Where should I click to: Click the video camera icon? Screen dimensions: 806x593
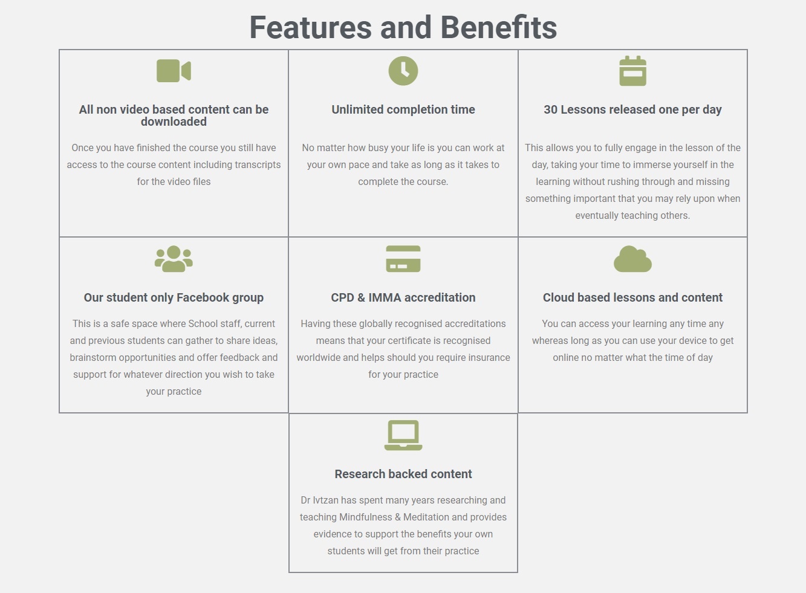click(174, 71)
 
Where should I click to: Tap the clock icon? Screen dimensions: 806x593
click(403, 71)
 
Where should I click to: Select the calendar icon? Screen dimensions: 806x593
click(632, 71)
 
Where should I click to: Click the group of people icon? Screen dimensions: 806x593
click(174, 259)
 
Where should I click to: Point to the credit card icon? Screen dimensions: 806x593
click(403, 259)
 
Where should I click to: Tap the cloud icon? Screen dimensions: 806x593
click(632, 259)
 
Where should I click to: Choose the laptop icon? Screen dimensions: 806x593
click(403, 435)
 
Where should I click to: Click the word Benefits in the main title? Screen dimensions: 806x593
click(499, 27)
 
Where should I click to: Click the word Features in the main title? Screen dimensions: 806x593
click(311, 27)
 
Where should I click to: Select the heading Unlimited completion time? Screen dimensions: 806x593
click(403, 109)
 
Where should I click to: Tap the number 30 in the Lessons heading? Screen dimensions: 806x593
click(550, 109)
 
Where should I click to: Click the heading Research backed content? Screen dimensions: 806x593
click(403, 474)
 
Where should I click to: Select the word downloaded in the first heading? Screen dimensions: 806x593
click(174, 122)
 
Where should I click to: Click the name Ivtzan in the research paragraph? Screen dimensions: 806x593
click(325, 500)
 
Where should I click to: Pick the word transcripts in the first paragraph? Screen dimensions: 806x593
click(258, 165)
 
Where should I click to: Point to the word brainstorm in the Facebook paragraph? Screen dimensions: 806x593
click(93, 357)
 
